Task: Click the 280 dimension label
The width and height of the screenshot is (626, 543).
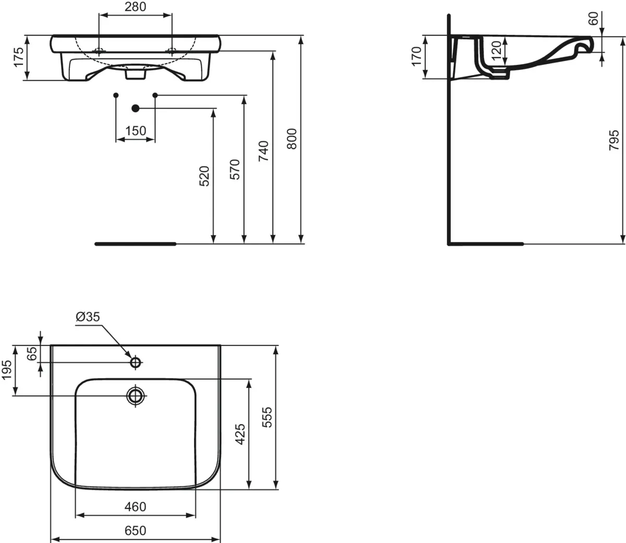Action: pos(135,7)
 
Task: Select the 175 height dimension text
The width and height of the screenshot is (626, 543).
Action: pos(19,57)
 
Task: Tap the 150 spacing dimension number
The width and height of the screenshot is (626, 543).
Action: pos(136,131)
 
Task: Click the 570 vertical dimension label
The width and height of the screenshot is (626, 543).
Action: pos(235,169)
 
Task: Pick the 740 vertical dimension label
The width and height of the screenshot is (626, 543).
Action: pos(264,151)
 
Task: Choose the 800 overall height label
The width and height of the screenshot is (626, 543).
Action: pos(293,139)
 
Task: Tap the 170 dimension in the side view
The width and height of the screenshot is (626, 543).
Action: pos(416,56)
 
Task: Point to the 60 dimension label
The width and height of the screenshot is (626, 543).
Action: pos(593,19)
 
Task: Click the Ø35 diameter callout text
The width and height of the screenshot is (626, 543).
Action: pos(87,316)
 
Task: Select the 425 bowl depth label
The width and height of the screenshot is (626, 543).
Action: pos(240,434)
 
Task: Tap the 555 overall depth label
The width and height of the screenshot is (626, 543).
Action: pos(267,417)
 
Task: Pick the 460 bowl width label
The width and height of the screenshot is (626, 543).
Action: pos(136,506)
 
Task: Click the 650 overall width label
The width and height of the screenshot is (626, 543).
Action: pos(135,530)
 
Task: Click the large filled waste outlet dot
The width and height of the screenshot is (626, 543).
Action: pos(135,108)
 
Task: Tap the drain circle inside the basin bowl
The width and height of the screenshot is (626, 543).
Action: pos(136,396)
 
